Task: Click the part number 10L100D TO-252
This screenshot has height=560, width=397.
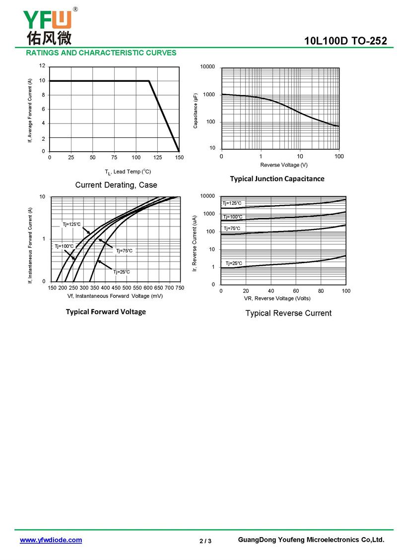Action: [x=345, y=41]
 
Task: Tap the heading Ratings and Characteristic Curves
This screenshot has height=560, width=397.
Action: [x=101, y=53]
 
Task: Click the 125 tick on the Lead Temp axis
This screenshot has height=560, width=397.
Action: [x=158, y=157]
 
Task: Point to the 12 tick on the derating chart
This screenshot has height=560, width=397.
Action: [x=42, y=66]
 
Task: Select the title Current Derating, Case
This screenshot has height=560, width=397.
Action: [x=116, y=185]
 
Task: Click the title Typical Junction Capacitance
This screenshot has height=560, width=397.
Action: [x=277, y=179]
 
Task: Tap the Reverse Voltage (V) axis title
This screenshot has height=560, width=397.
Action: [x=284, y=165]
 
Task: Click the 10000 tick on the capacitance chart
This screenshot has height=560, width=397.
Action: [x=207, y=67]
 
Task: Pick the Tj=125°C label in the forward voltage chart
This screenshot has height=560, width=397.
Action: [x=72, y=224]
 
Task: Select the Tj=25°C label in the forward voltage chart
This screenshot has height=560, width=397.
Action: [x=122, y=272]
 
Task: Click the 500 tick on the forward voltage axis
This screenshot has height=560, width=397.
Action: [x=127, y=288]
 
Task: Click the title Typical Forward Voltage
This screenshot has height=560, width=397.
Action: [x=106, y=312]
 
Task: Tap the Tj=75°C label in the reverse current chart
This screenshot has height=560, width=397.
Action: [x=232, y=228]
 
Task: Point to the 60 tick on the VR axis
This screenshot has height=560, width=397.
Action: [x=296, y=291]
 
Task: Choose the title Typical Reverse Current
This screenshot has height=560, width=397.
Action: [x=289, y=313]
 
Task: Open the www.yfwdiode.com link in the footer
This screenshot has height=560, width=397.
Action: [x=51, y=540]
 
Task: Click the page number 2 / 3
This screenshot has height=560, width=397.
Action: [x=205, y=541]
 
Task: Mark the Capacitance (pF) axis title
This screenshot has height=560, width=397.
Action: [x=196, y=111]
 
